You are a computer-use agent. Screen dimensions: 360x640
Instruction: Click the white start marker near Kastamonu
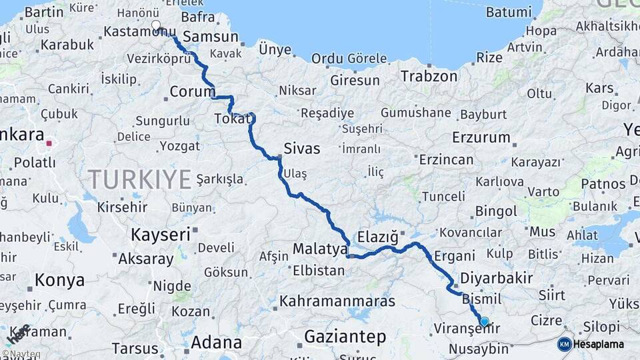[156, 25]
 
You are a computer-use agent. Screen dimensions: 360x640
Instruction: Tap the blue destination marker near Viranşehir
[484, 321]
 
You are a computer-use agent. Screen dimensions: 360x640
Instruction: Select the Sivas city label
[302, 148]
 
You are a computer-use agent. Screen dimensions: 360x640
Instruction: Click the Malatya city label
[320, 249]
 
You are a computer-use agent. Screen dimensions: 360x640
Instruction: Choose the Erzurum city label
[481, 138]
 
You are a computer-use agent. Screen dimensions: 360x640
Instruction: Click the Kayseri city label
[160, 235]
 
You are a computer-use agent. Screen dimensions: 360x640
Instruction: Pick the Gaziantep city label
[345, 337]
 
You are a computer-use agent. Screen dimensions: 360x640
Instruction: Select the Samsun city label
[210, 37]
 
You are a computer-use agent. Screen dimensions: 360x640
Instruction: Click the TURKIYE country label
[140, 179]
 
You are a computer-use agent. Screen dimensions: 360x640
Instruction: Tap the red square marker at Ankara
[49, 143]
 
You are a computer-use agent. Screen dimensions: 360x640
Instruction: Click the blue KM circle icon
[564, 344]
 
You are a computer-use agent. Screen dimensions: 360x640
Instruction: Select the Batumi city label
[509, 12]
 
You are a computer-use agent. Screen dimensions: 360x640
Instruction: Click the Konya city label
[59, 279]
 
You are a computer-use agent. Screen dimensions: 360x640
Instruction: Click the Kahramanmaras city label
[337, 301]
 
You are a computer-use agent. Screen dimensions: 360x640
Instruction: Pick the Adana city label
[216, 343]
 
